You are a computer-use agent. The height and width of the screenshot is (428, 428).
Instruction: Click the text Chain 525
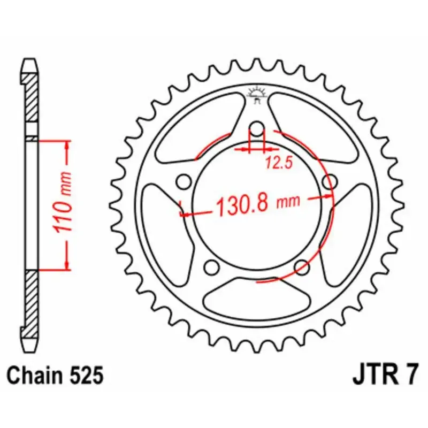55,376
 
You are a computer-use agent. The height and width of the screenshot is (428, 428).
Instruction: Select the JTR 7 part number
384,376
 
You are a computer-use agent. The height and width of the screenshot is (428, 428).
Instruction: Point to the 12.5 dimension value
279,164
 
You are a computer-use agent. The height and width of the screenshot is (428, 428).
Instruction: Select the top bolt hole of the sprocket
257,129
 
